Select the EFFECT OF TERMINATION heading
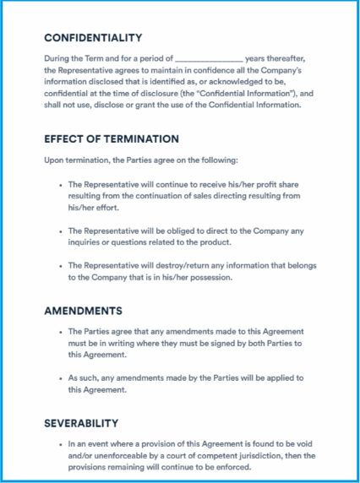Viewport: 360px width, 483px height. click(112, 138)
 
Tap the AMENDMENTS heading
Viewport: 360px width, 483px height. click(83, 311)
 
